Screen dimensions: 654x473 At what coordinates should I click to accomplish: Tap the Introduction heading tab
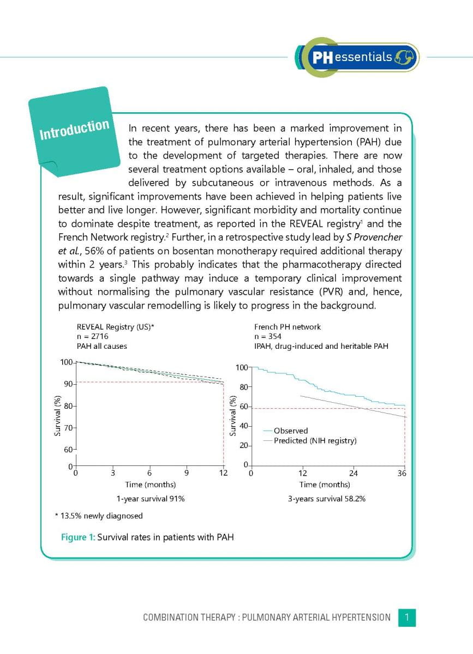pos(75,129)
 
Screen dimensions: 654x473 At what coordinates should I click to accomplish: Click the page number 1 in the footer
pos(407,617)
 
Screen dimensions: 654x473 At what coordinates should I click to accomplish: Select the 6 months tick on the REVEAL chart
pos(149,473)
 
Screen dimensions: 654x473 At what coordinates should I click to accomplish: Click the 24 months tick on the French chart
pos(354,473)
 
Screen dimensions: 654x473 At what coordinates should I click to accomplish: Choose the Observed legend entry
pos(290,431)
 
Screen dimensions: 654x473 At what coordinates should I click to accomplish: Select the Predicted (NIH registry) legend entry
pos(315,440)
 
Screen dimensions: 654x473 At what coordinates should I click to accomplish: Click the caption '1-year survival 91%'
pos(150,499)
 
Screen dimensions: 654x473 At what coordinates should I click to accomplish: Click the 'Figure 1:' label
pos(77,537)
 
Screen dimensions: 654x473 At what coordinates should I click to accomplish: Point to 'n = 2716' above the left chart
pos(92,336)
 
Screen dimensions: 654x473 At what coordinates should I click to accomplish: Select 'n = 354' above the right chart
pos(268,336)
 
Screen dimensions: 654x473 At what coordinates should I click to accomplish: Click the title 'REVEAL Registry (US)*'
pos(115,327)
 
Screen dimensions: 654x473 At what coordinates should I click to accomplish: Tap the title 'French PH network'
pos(288,327)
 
